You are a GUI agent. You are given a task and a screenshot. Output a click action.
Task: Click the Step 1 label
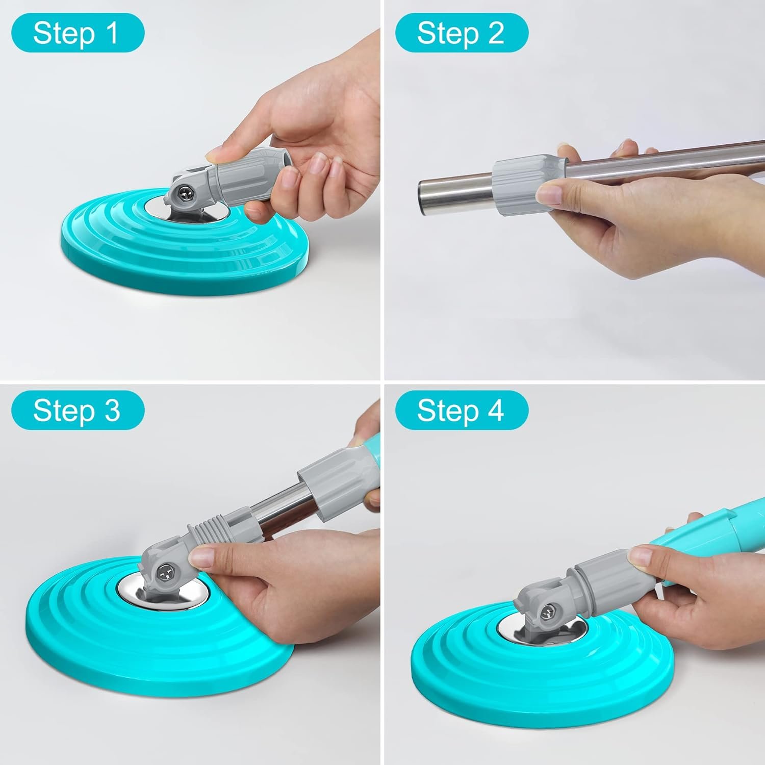pyautogui.click(x=78, y=33)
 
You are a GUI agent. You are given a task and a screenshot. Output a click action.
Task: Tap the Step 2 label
pyautogui.click(x=462, y=33)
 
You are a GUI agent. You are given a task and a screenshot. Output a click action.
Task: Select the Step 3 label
pyautogui.click(x=78, y=410)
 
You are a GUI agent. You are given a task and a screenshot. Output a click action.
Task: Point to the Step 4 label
pyautogui.click(x=462, y=410)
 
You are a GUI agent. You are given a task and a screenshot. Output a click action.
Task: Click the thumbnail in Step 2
pyautogui.click(x=551, y=194)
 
